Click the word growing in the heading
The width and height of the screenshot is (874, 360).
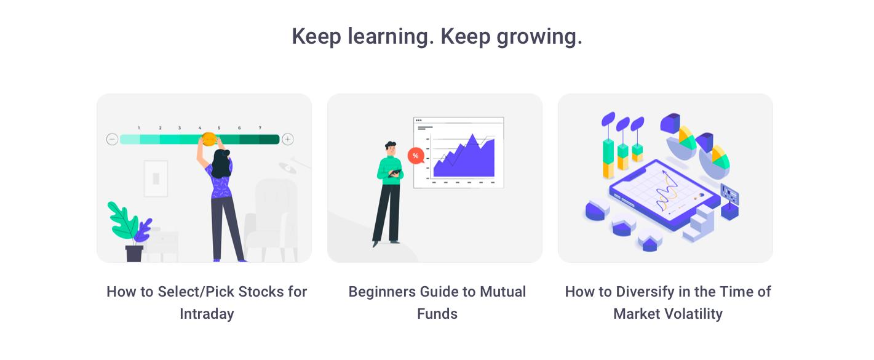[539, 38]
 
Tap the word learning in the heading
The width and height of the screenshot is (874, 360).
[391, 37]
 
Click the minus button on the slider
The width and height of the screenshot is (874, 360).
[112, 140]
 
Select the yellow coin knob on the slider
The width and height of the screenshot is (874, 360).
[209, 139]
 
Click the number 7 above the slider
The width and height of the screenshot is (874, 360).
[260, 127]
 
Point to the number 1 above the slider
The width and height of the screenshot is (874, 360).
[138, 127]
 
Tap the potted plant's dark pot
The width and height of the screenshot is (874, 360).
[134, 254]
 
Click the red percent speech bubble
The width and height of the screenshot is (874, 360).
[416, 156]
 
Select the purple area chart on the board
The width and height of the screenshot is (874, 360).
[464, 158]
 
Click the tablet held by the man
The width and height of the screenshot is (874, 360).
[395, 173]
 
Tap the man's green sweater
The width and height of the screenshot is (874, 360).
[390, 170]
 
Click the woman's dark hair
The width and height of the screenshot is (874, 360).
[221, 164]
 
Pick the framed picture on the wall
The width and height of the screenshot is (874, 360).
[156, 178]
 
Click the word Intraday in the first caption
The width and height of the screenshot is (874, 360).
[207, 314]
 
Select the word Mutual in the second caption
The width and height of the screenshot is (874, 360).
[503, 292]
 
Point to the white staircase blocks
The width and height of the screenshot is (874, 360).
[699, 224]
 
